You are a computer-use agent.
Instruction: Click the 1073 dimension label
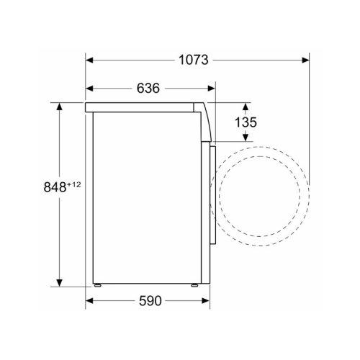(x=194, y=60)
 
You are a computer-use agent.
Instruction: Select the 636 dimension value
(x=148, y=89)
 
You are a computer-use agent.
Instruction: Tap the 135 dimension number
(x=246, y=122)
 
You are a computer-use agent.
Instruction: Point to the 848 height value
(x=55, y=187)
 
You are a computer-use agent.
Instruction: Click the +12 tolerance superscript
(x=74, y=184)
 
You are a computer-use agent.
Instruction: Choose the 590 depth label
(x=150, y=301)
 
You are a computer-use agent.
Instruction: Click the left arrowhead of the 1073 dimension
(x=89, y=60)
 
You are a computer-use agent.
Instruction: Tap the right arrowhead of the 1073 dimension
(x=305, y=60)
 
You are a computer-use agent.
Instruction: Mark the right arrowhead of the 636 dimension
(x=212, y=89)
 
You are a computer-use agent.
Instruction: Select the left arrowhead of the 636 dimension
(x=89, y=89)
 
